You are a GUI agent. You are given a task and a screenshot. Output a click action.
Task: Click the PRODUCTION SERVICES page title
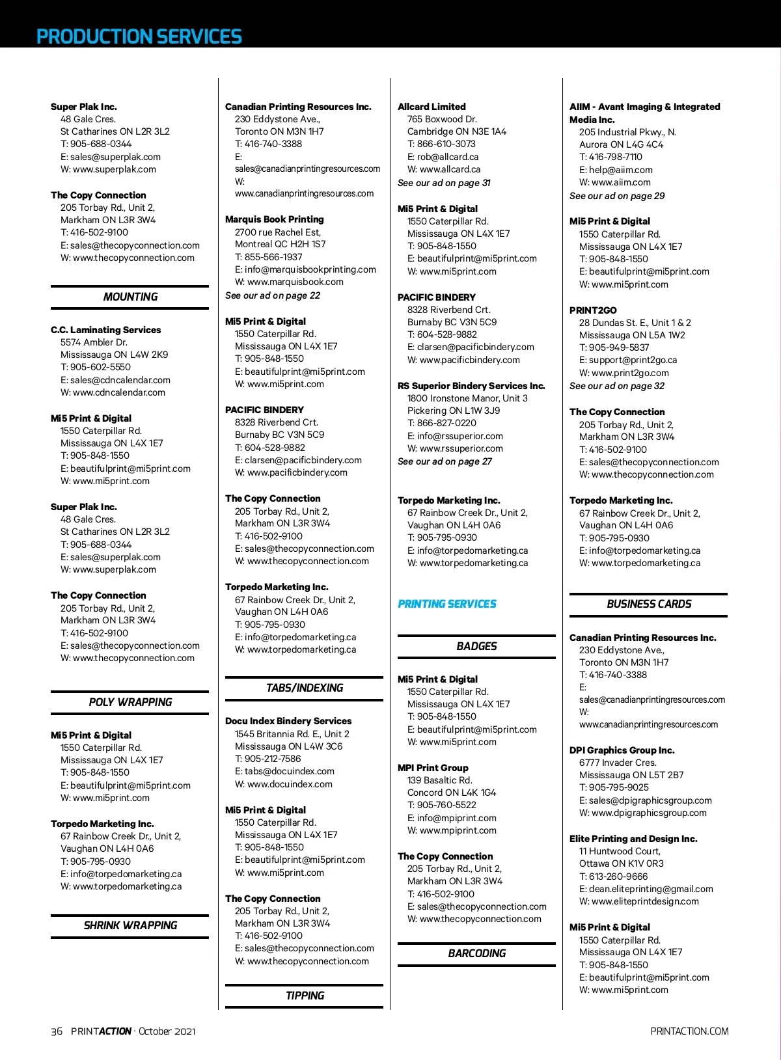click(139, 36)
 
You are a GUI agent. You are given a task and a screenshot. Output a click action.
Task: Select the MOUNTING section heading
click(130, 297)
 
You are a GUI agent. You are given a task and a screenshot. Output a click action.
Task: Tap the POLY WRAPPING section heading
click(130, 702)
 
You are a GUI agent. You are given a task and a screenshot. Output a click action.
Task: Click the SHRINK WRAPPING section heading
click(130, 925)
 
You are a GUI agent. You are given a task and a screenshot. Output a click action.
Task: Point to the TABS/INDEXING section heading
click(305, 688)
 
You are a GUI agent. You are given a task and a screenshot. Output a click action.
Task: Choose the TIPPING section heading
click(305, 996)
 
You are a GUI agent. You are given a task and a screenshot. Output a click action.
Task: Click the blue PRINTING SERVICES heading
click(446, 604)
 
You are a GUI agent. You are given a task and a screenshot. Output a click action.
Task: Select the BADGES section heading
click(476, 646)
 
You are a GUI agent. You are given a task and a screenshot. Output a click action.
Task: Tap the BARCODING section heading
click(476, 953)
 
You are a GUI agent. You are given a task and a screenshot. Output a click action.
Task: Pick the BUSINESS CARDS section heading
click(649, 604)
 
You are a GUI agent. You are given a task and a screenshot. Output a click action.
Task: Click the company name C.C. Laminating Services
click(105, 330)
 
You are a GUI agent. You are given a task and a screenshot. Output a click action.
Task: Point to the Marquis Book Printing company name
click(274, 219)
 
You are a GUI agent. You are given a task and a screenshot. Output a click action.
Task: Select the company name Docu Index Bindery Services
click(288, 721)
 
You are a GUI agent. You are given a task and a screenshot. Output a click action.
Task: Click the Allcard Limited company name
click(432, 107)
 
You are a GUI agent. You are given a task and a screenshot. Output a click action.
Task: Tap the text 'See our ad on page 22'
click(272, 295)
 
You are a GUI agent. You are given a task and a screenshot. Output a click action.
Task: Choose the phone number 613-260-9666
click(618, 877)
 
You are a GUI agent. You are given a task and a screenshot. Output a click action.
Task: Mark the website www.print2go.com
click(630, 373)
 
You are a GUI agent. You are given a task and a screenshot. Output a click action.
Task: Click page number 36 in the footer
click(57, 1031)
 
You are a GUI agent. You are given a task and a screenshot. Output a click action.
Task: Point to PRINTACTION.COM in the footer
click(689, 1031)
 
